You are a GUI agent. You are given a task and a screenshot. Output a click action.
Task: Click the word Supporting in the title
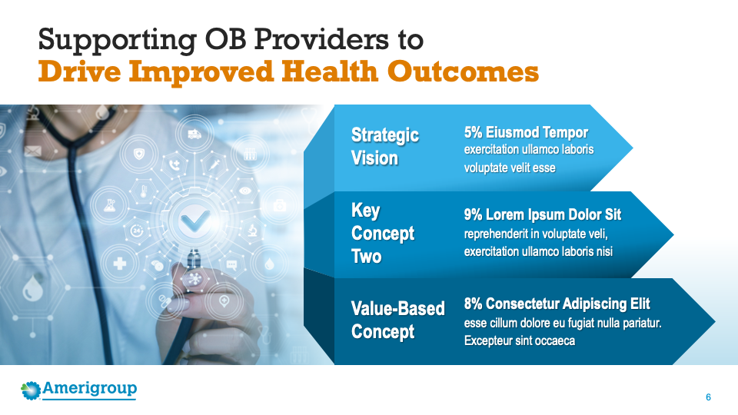coord(117,40)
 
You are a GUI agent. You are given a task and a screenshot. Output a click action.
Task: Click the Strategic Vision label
coord(385,146)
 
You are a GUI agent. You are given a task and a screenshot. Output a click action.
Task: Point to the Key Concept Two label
coord(383,233)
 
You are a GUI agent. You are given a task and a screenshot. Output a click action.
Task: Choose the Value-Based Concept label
coord(397,320)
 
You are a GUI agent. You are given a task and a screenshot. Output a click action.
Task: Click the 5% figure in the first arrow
coord(473,132)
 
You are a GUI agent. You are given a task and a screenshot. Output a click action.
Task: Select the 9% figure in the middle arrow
coord(473,214)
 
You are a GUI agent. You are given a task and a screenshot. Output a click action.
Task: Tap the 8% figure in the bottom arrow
coord(473,304)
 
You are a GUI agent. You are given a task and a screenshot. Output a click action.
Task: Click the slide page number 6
coord(708,397)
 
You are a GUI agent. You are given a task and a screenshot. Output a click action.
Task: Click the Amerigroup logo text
coord(89,389)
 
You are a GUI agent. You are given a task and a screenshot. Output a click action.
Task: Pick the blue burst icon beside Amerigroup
coord(31,390)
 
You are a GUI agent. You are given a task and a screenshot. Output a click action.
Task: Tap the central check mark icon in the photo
coord(195,221)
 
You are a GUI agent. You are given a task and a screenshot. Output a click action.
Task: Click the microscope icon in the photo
coord(252,230)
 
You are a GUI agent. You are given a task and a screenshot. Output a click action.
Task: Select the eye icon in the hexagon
coord(244,191)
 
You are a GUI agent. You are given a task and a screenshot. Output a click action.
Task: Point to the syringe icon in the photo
coord(214,164)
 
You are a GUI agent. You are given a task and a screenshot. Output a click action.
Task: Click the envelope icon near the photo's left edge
coord(33,151)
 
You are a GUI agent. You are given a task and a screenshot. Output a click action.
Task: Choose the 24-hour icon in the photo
coord(137,231)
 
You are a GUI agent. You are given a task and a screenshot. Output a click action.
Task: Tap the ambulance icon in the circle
coord(194,134)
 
